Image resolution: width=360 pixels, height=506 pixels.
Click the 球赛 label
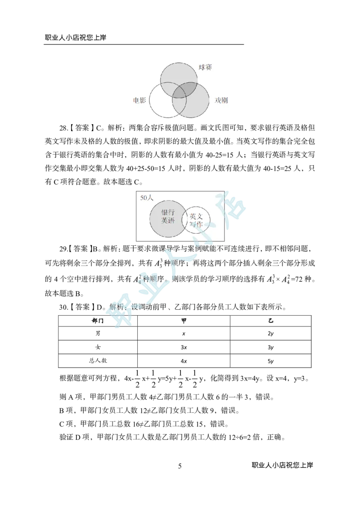(x=205, y=68)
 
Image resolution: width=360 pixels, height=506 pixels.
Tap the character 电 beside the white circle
(x=136, y=100)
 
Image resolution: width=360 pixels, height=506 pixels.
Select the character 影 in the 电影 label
(x=143, y=100)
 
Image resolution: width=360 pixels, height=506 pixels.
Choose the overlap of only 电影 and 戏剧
(x=179, y=106)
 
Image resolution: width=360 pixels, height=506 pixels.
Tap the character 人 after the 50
(x=150, y=198)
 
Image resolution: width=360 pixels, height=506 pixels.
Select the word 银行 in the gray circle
(x=168, y=212)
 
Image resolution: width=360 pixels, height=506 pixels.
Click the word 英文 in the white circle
(x=196, y=216)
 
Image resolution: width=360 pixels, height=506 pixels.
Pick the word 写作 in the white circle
(x=196, y=224)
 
